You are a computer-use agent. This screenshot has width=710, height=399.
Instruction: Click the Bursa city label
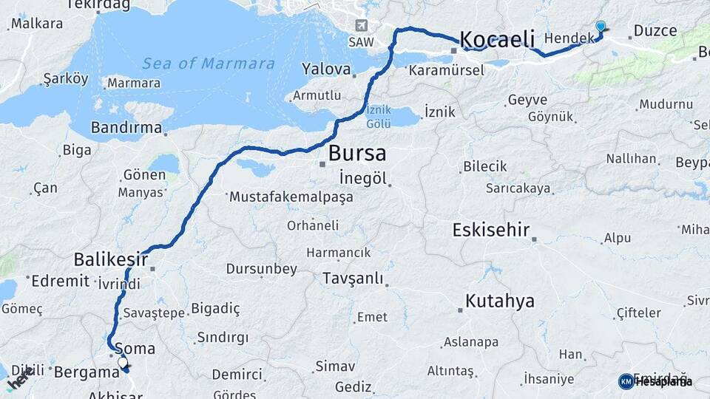(356, 154)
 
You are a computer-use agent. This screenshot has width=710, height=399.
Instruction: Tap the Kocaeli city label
(497, 38)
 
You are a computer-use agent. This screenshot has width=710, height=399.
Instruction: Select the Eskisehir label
(491, 230)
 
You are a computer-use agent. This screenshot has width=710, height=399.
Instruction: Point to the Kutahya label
(499, 301)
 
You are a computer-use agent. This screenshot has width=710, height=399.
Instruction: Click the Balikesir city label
(107, 259)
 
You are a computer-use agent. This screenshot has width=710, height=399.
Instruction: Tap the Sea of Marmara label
(209, 64)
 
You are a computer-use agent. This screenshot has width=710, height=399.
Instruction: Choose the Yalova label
(325, 69)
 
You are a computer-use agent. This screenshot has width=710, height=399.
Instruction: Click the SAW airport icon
(361, 25)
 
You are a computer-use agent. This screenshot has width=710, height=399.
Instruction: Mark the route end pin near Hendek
(600, 27)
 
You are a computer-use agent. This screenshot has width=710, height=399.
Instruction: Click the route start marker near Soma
(123, 364)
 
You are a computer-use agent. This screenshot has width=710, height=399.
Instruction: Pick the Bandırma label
(126, 128)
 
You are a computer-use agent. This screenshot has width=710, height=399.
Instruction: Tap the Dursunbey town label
(261, 269)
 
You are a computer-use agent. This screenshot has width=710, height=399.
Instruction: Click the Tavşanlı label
(353, 279)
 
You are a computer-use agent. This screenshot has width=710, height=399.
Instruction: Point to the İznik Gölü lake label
(378, 117)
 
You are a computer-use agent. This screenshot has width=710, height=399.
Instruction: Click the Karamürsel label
(445, 70)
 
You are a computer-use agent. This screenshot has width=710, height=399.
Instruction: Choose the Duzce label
(652, 31)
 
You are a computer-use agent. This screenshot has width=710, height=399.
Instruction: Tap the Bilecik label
(484, 166)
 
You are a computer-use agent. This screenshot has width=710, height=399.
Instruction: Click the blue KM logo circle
(626, 381)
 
